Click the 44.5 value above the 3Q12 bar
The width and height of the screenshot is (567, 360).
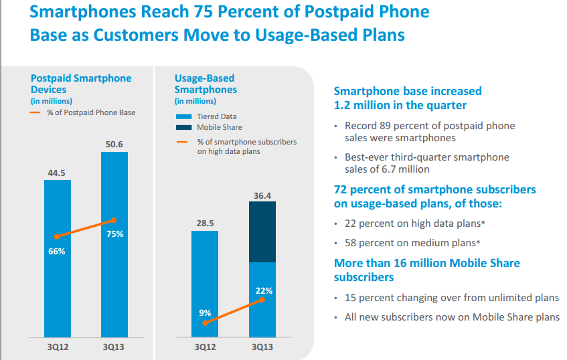pos(57,173)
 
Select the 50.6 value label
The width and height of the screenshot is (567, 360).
pos(114,145)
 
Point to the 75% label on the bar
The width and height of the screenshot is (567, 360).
pos(114,234)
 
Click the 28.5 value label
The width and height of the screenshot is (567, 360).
pos(205,223)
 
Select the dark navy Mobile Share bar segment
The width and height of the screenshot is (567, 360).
pos(262,232)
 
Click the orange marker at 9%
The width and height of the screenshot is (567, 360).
pos(205,323)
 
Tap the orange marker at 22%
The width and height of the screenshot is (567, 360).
pos(262,299)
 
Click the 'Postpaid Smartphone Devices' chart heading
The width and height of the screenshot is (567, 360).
pos(81,84)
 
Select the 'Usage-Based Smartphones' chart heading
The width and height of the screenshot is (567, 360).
pos(206,84)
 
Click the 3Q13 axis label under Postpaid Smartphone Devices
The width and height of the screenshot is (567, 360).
pos(114,347)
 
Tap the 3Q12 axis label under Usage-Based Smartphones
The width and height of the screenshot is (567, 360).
pos(205,347)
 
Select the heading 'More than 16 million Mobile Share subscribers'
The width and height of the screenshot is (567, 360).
pos(426,270)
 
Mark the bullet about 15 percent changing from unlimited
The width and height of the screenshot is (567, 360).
pos(451,298)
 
